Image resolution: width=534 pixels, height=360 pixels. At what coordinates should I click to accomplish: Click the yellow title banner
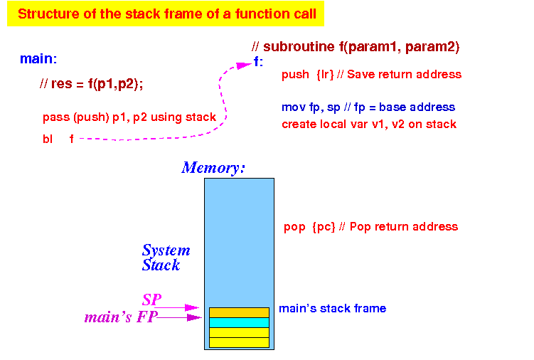pyautogui.click(x=166, y=14)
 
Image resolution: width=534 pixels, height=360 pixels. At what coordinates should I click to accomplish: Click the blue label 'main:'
pyautogui.click(x=38, y=58)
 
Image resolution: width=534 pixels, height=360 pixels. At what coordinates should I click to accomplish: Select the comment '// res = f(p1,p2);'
pyautogui.click(x=91, y=83)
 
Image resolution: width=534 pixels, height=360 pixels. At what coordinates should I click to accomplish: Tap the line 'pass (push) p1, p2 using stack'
pyautogui.click(x=129, y=117)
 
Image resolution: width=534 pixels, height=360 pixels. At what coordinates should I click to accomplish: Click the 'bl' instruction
pyautogui.click(x=48, y=139)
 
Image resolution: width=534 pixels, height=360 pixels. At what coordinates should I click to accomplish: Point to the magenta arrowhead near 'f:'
pyautogui.click(x=244, y=65)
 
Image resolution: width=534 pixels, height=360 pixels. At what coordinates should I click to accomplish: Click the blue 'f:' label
pyautogui.click(x=259, y=62)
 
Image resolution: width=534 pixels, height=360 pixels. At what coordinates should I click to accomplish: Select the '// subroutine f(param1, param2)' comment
pyautogui.click(x=356, y=47)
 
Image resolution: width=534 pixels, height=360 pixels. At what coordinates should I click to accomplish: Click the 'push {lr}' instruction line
pyautogui.click(x=372, y=74)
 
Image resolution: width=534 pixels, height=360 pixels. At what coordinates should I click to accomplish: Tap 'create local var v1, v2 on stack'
pyautogui.click(x=369, y=124)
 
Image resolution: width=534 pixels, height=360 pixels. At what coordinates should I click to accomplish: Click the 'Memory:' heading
pyautogui.click(x=213, y=168)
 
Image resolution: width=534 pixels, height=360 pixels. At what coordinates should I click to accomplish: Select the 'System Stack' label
pyautogui.click(x=166, y=258)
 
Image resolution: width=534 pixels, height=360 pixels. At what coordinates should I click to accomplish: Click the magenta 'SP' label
pyautogui.click(x=152, y=300)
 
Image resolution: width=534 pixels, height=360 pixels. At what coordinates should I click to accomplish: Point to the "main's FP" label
pyautogui.click(x=121, y=317)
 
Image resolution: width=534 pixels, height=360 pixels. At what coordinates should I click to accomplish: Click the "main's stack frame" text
pyautogui.click(x=332, y=309)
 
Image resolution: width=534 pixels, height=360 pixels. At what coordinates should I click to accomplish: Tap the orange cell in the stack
pyautogui.click(x=239, y=312)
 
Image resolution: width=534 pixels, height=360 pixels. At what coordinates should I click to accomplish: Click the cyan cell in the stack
pyautogui.click(x=239, y=322)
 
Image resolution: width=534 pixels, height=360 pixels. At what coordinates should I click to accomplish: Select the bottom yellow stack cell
pyautogui.click(x=239, y=343)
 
